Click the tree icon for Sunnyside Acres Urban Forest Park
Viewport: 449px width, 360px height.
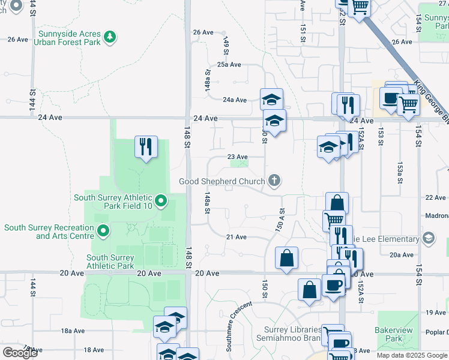tap(109, 38)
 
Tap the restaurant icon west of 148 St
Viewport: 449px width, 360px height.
tap(146, 146)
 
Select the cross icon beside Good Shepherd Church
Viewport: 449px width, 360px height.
tap(274, 181)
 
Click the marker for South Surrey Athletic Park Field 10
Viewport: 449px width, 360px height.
tap(161, 201)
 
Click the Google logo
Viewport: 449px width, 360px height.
tap(20, 352)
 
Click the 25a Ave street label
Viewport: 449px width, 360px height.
tap(229, 65)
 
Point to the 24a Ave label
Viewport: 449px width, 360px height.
tap(235, 100)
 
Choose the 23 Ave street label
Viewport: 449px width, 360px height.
tap(238, 157)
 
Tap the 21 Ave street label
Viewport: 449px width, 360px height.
tap(237, 237)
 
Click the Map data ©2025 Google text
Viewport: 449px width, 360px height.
tap(412, 355)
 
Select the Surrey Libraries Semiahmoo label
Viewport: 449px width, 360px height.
tap(294, 334)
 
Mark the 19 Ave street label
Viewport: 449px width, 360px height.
tap(436, 313)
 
